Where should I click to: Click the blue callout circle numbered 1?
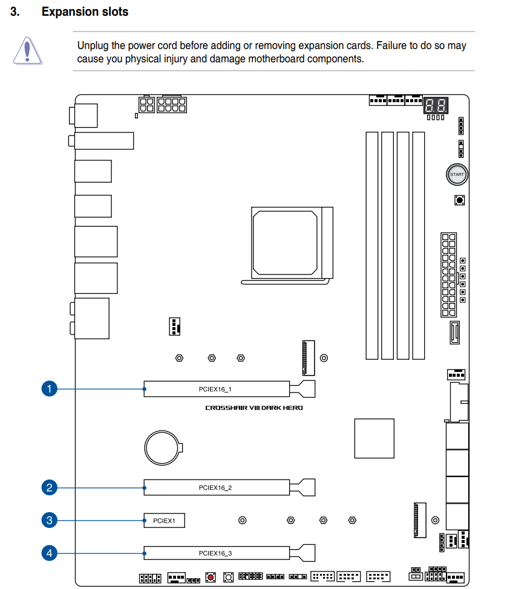49,389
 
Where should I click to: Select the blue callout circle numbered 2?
49,487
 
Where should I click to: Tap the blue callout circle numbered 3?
49,520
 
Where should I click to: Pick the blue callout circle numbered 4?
49,553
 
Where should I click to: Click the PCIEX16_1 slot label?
215,389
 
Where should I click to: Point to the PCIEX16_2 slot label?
215,487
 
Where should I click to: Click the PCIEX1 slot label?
164,521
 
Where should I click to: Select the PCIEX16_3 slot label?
215,553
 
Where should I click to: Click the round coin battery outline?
162,447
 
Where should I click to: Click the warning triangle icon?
27,51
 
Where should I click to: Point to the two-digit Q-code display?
436,105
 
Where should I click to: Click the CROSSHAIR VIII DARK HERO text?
253,408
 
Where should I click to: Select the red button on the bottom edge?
211,577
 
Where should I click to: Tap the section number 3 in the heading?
15,11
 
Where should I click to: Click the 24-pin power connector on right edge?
449,275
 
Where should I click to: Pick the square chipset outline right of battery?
375,438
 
